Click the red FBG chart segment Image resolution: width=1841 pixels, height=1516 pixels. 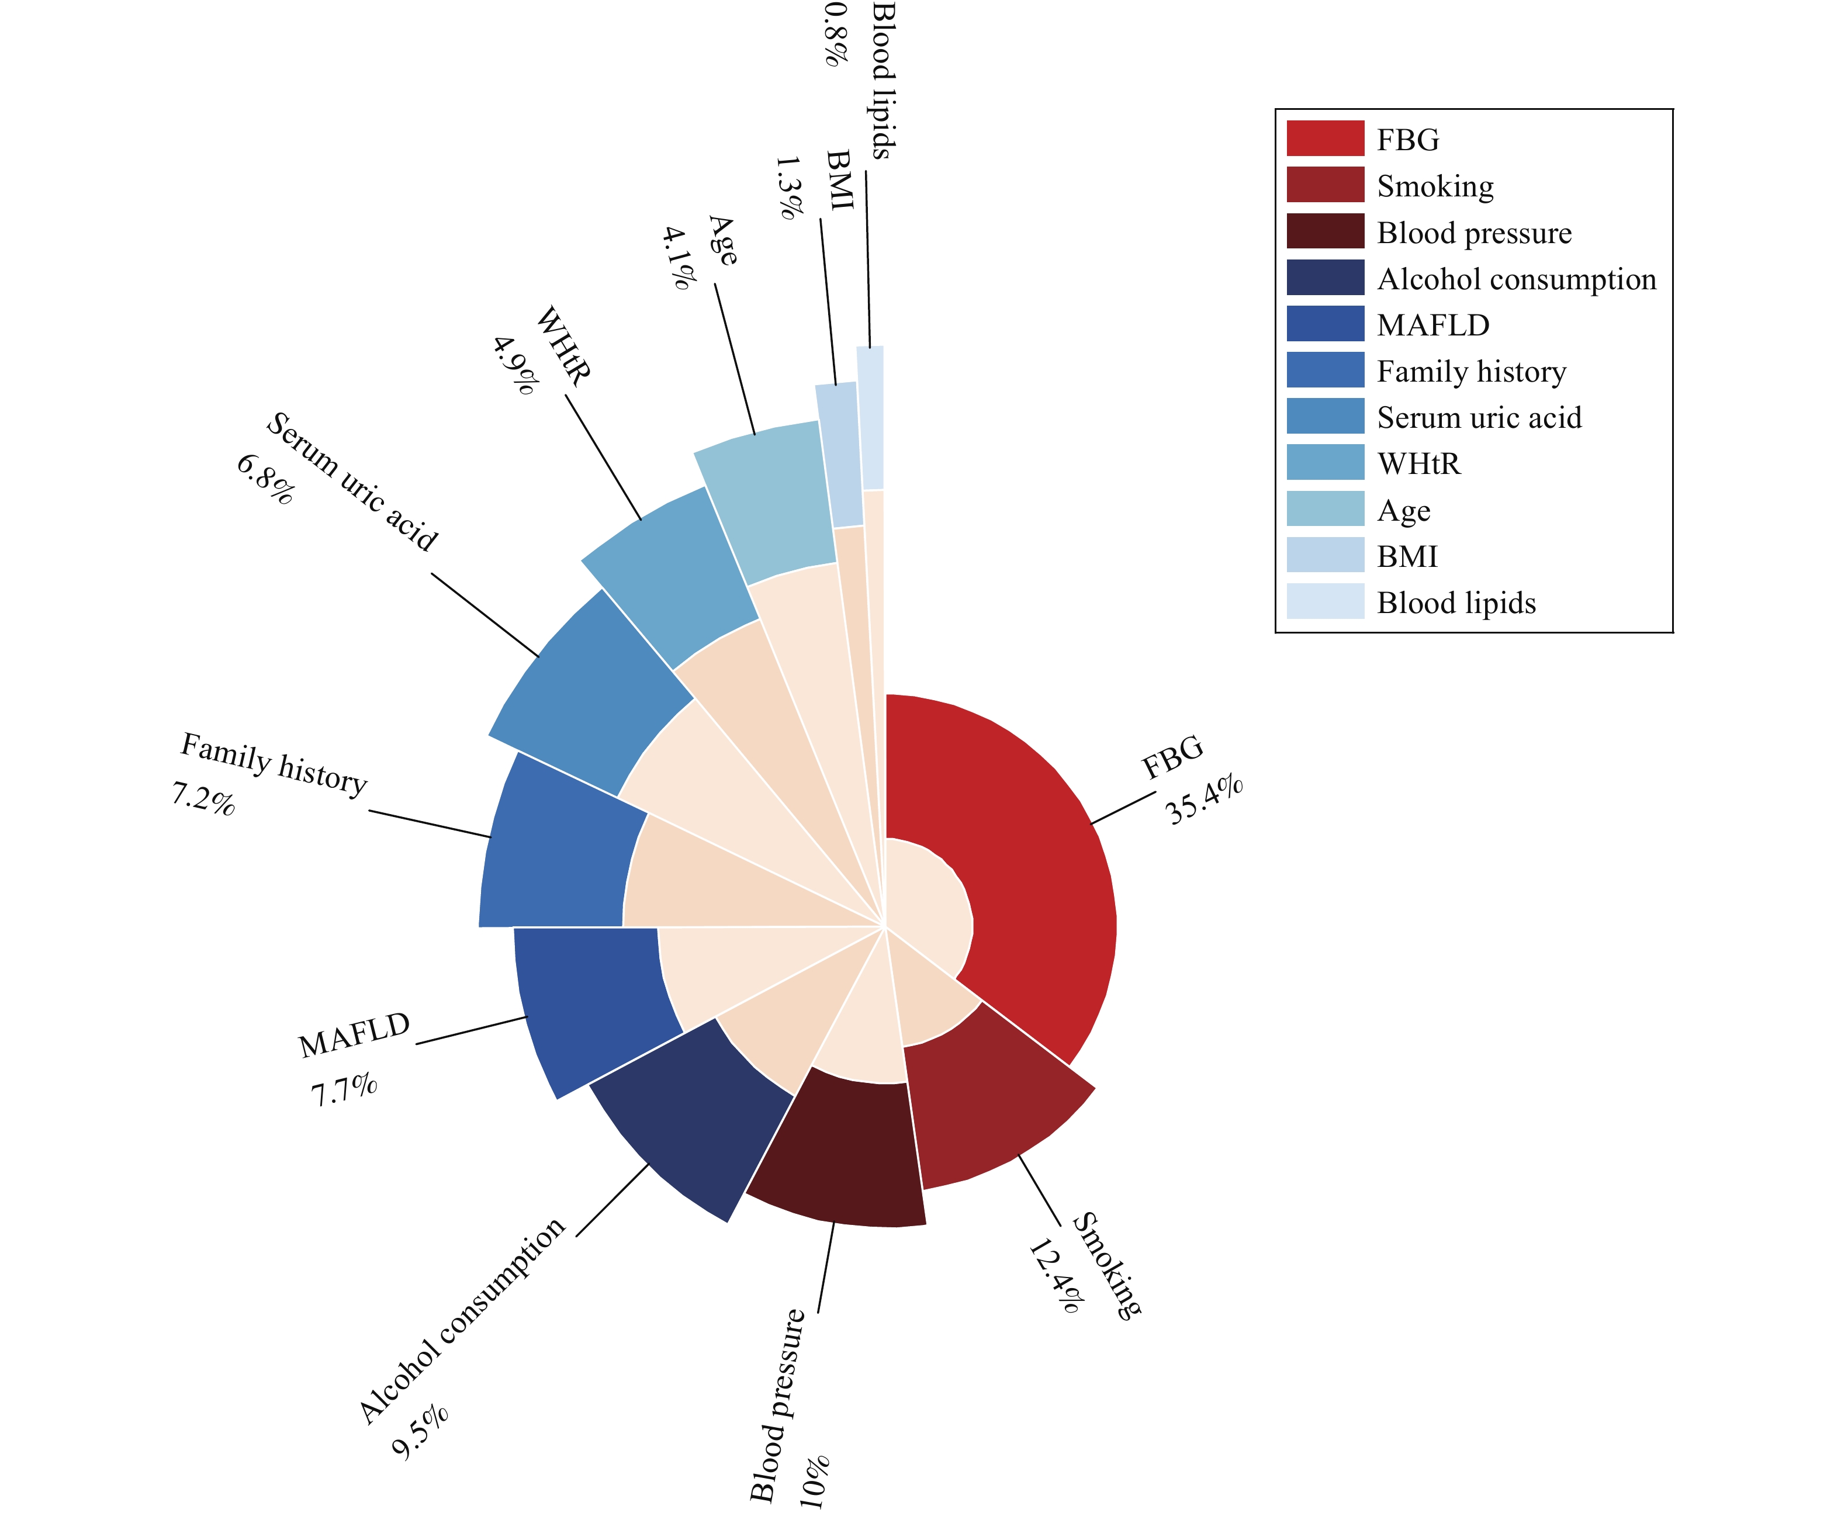[x=1039, y=873]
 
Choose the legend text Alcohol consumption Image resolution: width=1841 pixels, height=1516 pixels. [x=1516, y=279]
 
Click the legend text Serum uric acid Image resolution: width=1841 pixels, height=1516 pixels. [x=1479, y=417]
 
